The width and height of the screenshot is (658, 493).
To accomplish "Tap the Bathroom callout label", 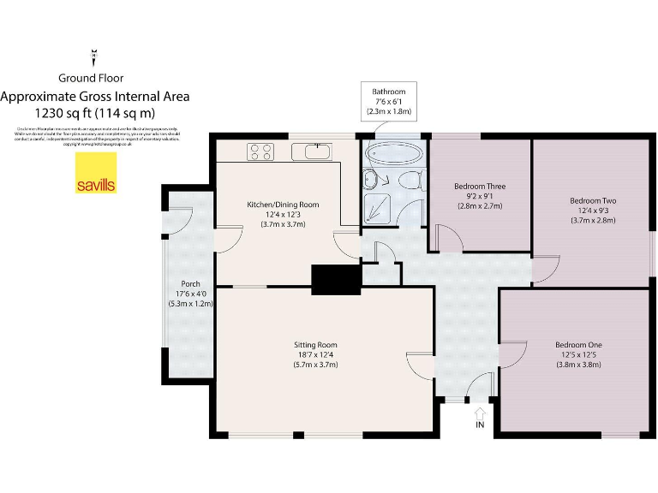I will (388, 101).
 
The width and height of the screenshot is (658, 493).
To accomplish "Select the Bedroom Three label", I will (479, 196).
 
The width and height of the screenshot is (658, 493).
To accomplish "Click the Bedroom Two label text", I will (593, 211).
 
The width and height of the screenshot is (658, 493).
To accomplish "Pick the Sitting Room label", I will (317, 354).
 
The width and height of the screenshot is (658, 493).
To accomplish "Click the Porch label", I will (190, 292).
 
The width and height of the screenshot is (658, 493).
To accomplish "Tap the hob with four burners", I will (260, 152).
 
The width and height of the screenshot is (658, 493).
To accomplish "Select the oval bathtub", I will (393, 154).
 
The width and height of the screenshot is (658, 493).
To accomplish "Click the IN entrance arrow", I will (479, 417).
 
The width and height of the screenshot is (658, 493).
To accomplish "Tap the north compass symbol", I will (93, 57).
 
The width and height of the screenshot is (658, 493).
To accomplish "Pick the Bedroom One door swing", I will (512, 359).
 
